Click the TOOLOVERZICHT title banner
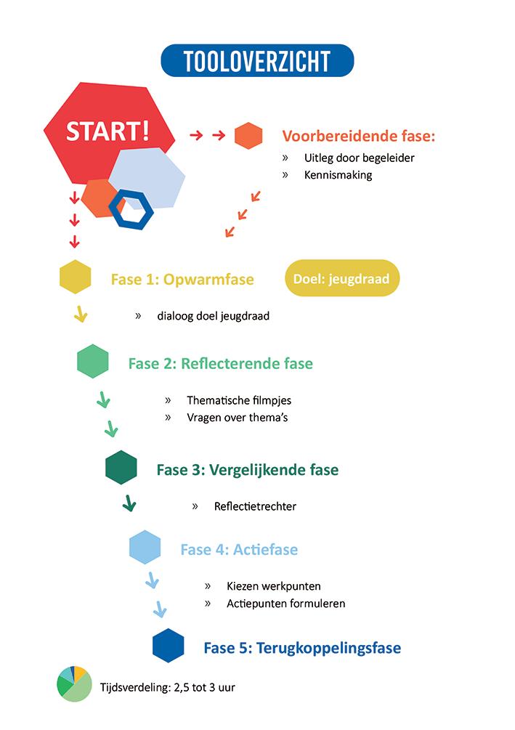click(257, 62)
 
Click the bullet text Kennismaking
click(338, 175)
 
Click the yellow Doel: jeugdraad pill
click(341, 279)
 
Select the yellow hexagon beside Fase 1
click(75, 277)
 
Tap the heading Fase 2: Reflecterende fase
click(220, 363)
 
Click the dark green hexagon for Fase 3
click(121, 468)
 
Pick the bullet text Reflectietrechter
click(255, 506)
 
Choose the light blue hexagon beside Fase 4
click(145, 548)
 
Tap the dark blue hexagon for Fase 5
click(169, 646)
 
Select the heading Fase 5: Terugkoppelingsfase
click(302, 647)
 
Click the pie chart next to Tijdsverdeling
click(73, 683)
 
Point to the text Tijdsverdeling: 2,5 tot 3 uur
click(167, 686)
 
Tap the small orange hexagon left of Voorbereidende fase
click(248, 136)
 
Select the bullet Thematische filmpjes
click(238, 400)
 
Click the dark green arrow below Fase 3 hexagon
click(129, 503)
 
